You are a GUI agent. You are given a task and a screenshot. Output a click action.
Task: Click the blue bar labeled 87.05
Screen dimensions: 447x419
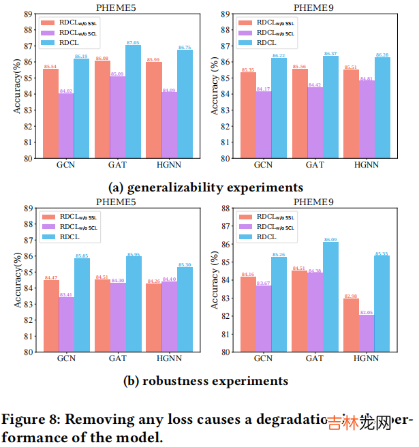133,102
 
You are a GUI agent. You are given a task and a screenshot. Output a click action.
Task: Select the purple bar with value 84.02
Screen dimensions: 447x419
66,125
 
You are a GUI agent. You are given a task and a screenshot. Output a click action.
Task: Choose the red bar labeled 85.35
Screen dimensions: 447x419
248,115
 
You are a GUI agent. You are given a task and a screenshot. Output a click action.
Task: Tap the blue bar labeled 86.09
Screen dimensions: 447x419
331,297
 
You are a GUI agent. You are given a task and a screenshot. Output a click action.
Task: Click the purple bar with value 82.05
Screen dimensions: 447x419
367,333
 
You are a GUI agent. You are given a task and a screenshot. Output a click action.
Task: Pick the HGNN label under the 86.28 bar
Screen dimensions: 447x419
367,164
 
